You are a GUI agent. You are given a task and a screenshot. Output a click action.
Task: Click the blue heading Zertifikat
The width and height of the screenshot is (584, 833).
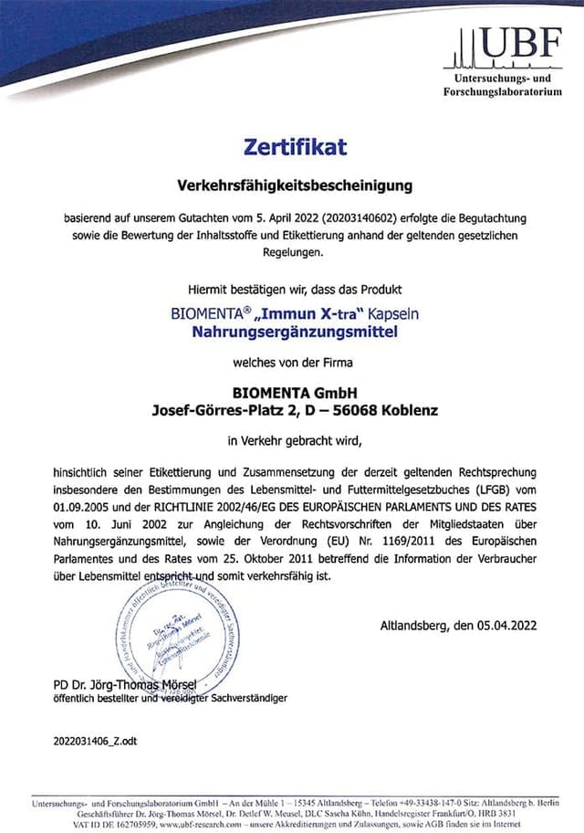point(295,146)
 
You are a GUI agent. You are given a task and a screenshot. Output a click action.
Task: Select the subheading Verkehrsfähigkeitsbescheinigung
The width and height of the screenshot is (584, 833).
point(295,185)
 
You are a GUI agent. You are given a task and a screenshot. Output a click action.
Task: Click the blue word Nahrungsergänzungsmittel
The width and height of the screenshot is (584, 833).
point(295,332)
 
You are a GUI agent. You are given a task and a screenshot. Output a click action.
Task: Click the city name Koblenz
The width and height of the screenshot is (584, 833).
point(408,410)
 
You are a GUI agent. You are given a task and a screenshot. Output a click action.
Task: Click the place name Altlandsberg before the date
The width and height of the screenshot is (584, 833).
point(417,626)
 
